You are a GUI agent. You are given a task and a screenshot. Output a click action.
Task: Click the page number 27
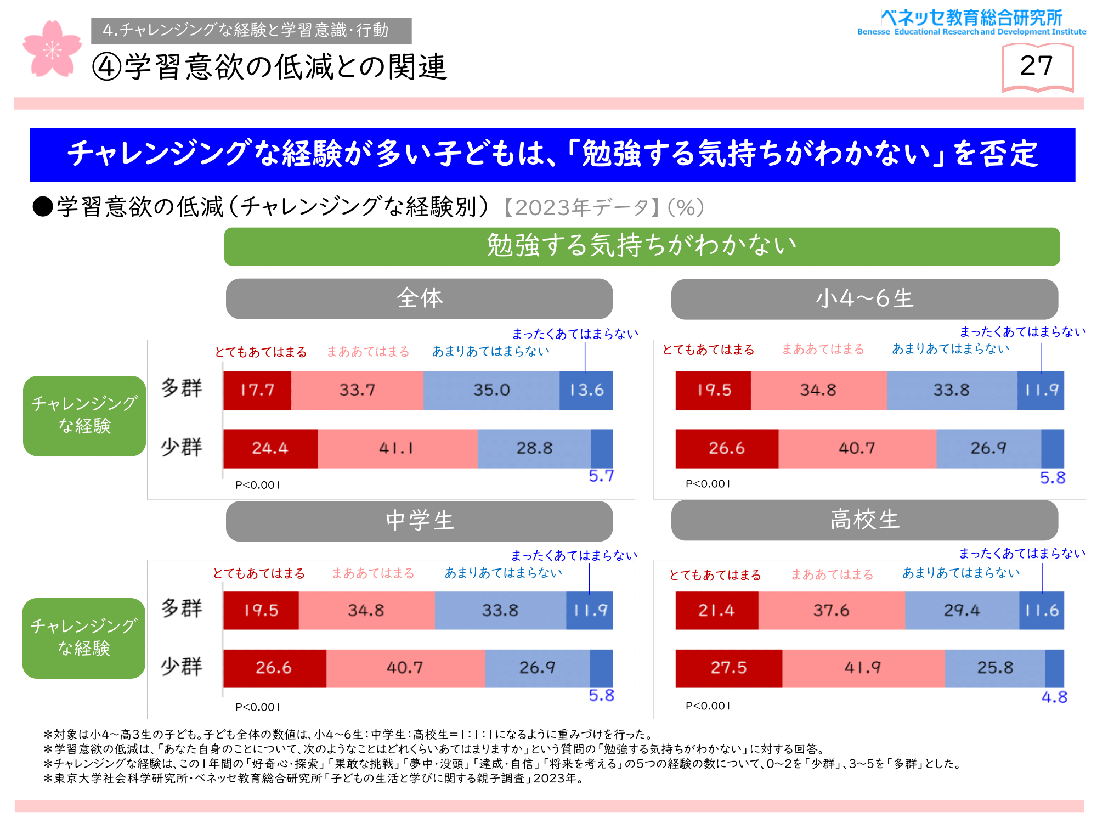coord(1036,66)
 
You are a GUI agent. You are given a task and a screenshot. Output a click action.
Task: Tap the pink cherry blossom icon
coord(52,49)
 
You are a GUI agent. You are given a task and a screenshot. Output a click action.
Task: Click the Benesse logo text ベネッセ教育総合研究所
coord(971,18)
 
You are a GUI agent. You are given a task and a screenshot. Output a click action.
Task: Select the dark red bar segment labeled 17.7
coord(257,390)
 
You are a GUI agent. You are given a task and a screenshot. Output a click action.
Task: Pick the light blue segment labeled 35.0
coord(491,390)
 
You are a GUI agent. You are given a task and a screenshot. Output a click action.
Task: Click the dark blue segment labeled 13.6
coord(586,390)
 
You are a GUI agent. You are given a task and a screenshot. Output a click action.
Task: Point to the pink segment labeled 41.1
coord(397,448)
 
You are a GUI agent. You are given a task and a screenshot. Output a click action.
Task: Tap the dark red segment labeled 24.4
coord(270,448)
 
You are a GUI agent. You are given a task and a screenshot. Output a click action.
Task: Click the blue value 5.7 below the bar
coord(601,476)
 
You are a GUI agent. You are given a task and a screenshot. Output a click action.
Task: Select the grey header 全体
coord(419,298)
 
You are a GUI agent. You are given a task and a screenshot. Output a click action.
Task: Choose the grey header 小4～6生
coord(864,299)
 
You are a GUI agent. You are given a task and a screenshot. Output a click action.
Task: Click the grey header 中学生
coord(419,521)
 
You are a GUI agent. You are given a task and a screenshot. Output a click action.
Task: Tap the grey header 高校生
coord(864,520)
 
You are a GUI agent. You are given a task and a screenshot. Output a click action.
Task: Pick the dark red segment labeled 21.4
coord(716,610)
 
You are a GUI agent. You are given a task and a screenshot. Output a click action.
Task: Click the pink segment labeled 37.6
coord(831,610)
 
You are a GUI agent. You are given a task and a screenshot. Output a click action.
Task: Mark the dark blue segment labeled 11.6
coord(1041,610)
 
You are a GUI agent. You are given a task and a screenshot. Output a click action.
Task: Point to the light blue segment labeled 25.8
coord(994,668)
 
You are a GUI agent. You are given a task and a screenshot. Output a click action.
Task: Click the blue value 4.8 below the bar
coord(1054,697)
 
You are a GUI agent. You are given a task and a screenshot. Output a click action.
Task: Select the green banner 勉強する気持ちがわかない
coord(642,246)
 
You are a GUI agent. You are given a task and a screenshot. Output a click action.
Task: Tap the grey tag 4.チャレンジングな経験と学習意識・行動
coord(251,30)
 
